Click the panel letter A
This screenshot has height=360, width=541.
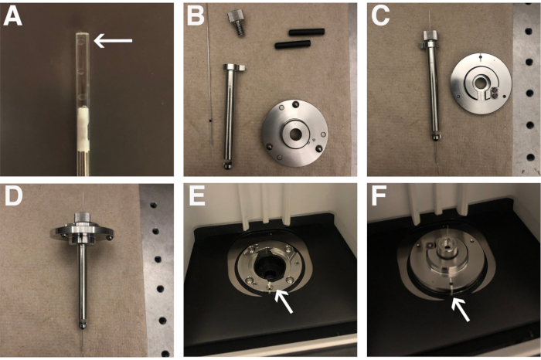pyautogui.click(x=13, y=16)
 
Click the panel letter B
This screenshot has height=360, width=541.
pyautogui.click(x=196, y=16)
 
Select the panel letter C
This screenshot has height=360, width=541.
pyautogui.click(x=380, y=16)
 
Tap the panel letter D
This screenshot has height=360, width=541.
pyautogui.click(x=14, y=196)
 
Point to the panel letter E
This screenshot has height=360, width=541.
pyautogui.click(x=197, y=196)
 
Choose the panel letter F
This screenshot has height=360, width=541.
pyautogui.click(x=379, y=196)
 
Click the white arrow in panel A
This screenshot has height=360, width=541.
pyautogui.click(x=113, y=41)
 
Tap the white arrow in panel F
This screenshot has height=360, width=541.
pyautogui.click(x=461, y=309)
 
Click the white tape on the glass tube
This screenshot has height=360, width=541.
pyautogui.click(x=83, y=128)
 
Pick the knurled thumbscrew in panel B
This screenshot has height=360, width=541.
pyautogui.click(x=236, y=22)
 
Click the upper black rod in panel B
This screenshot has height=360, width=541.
pyautogui.click(x=307, y=32)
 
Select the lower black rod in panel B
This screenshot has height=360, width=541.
pyautogui.click(x=293, y=45)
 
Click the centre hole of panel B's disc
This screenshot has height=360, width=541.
pyautogui.click(x=295, y=134)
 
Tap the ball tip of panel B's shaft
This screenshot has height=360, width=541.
pyautogui.click(x=228, y=165)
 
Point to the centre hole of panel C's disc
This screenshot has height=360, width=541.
pyautogui.click(x=480, y=83)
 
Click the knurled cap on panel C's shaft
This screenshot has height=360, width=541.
pyautogui.click(x=430, y=35)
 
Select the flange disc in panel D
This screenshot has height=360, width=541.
pyautogui.click(x=82, y=233)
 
